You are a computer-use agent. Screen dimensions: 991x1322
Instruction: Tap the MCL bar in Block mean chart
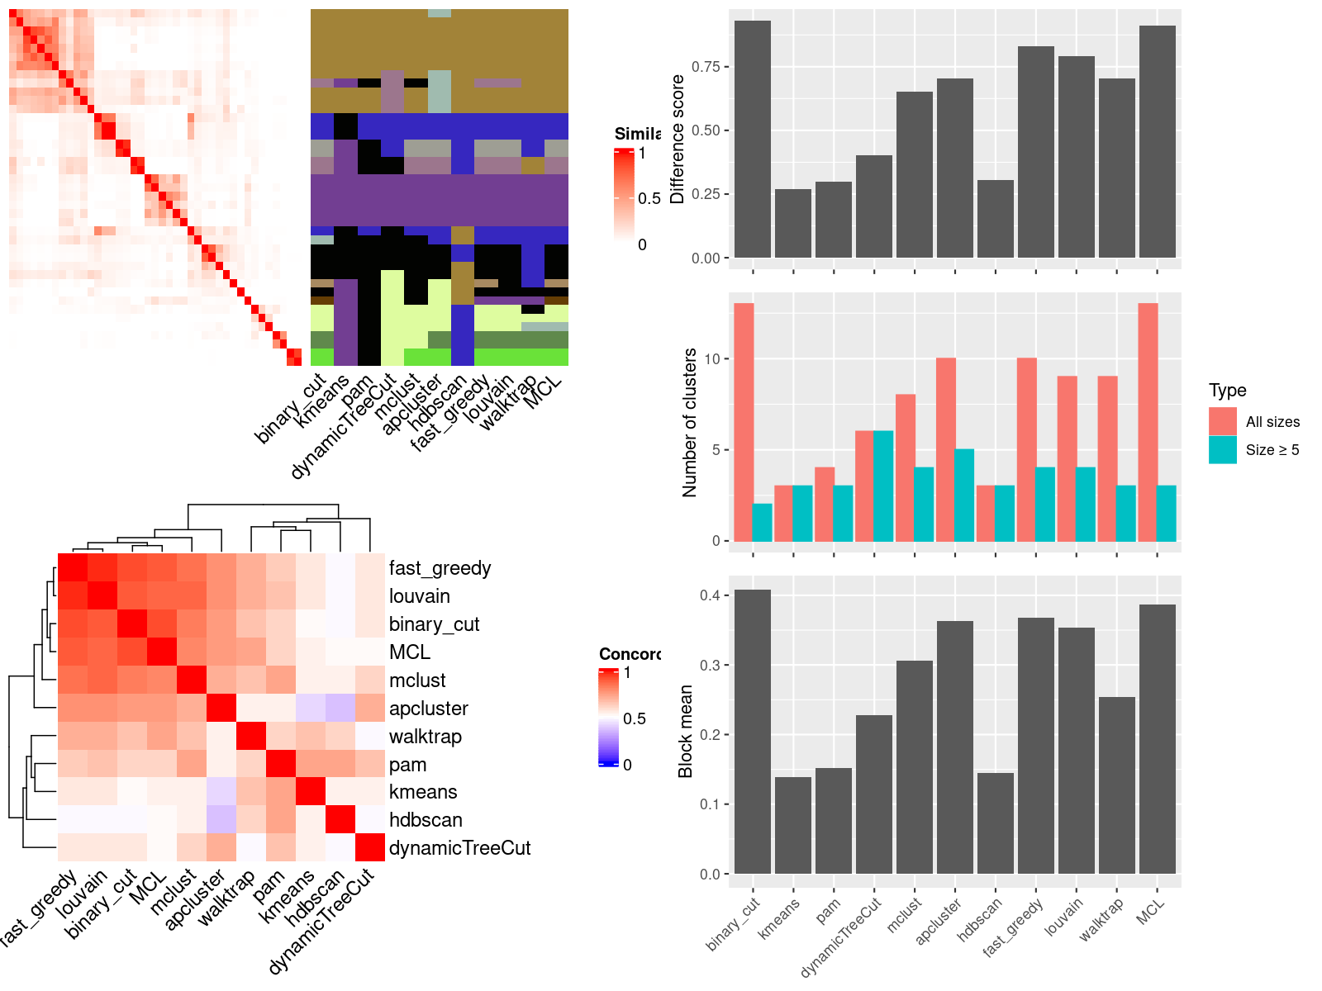[1157, 739]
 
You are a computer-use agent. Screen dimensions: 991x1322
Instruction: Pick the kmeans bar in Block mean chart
[792, 825]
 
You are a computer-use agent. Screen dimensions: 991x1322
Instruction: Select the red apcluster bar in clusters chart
[946, 450]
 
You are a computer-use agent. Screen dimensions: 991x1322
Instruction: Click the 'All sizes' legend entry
[1272, 422]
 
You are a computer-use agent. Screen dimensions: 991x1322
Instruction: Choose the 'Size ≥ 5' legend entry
[1272, 450]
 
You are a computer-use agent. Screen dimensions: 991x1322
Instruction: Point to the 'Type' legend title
[1227, 391]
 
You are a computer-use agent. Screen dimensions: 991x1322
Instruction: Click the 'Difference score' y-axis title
[678, 139]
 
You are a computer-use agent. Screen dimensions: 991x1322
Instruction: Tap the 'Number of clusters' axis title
[690, 422]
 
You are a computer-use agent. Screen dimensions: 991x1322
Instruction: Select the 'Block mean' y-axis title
[685, 732]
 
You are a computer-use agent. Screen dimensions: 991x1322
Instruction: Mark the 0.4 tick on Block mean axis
[710, 595]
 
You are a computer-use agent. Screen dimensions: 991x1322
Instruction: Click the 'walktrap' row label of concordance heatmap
[426, 737]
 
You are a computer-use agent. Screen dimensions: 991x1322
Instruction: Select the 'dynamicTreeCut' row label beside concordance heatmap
[459, 848]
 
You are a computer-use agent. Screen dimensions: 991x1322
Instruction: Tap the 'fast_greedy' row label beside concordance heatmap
[440, 568]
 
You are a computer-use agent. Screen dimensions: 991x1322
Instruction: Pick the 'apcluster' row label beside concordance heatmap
[428, 709]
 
